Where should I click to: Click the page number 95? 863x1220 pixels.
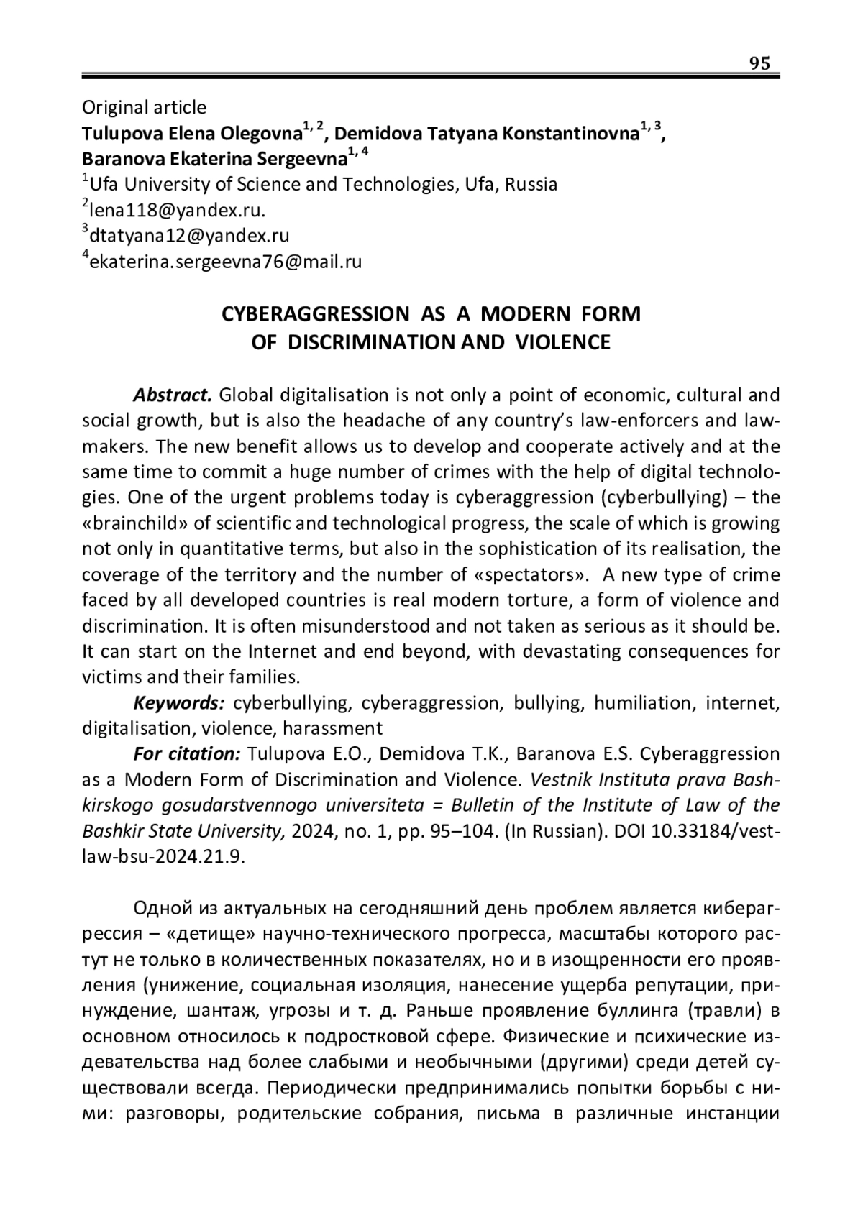tap(759, 63)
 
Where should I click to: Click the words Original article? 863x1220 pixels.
tap(144, 107)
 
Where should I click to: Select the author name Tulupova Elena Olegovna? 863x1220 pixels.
tap(191, 134)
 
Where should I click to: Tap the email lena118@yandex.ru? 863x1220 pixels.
tap(177, 210)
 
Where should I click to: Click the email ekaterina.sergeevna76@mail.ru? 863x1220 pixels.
tap(225, 262)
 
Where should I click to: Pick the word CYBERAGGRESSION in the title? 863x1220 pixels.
tap(314, 315)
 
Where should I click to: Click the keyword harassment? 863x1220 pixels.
tap(332, 728)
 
